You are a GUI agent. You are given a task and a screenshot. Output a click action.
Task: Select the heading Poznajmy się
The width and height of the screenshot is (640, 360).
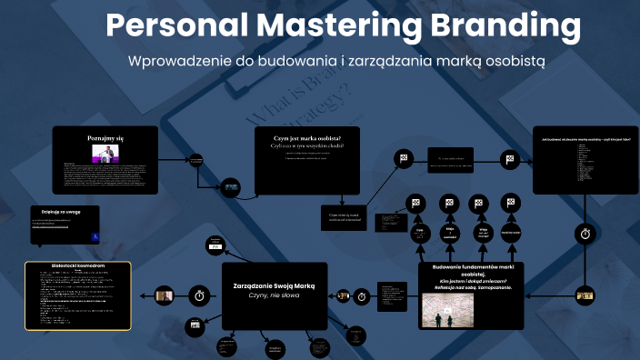[x=105, y=136]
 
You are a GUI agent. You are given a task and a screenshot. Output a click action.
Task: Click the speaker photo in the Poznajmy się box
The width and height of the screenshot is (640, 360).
[x=105, y=152]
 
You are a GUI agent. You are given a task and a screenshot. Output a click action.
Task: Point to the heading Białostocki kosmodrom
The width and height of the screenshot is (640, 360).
[x=78, y=266]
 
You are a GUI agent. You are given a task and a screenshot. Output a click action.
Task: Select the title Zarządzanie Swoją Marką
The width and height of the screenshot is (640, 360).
[x=274, y=285]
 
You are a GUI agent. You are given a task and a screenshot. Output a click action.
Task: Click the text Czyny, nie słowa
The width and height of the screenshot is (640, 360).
[x=274, y=297]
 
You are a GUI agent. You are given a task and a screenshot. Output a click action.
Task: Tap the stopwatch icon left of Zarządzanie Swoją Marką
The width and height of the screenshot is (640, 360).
[x=199, y=295]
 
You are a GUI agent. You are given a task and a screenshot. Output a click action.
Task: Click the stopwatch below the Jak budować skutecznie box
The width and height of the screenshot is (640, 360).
[x=586, y=234]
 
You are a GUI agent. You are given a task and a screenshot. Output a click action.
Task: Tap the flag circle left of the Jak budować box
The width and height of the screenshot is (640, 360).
[x=511, y=159]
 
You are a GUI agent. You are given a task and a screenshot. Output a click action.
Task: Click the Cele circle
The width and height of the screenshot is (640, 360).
[x=420, y=233]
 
